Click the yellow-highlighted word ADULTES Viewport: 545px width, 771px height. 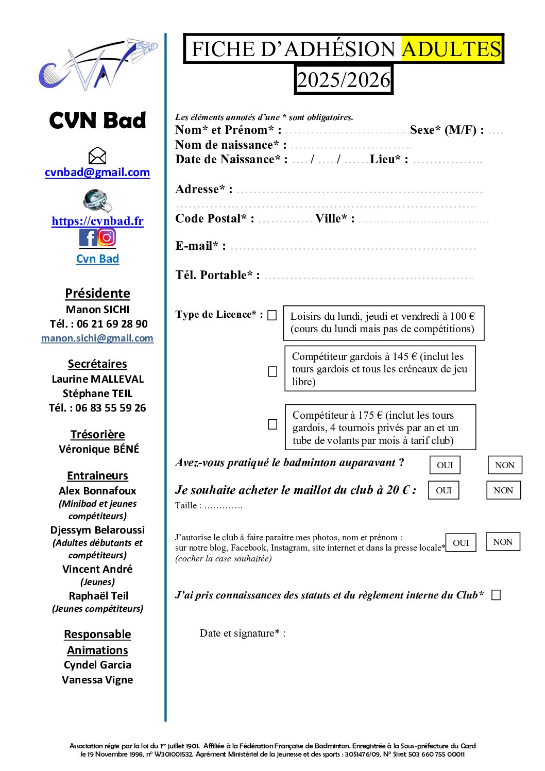pyautogui.click(x=451, y=49)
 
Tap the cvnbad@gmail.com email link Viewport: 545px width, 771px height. pyautogui.click(x=97, y=173)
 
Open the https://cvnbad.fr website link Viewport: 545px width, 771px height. pyautogui.click(x=97, y=221)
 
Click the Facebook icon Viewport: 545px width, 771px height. pyautogui.click(x=88, y=237)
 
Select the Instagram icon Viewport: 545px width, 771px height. pyautogui.click(x=107, y=237)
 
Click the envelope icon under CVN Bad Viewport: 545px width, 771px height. pyautogui.click(x=97, y=156)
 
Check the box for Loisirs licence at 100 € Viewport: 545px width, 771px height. pyautogui.click(x=272, y=315)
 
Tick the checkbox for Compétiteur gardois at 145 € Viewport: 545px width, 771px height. pyautogui.click(x=272, y=371)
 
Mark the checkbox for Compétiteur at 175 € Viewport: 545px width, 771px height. pyautogui.click(x=272, y=424)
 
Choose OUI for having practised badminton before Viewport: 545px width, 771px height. pyautogui.click(x=445, y=465)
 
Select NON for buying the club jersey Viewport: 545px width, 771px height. pyautogui.click(x=503, y=490)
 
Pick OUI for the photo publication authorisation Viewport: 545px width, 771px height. pyautogui.click(x=461, y=543)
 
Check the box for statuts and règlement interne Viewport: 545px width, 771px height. pyautogui.click(x=496, y=595)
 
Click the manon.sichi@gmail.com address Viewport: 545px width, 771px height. pyautogui.click(x=97, y=338)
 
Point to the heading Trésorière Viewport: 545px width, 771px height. pyautogui.click(x=97, y=435)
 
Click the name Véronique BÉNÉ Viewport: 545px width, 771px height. pyautogui.click(x=99, y=449)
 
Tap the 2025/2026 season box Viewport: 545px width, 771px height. pyautogui.click(x=344, y=80)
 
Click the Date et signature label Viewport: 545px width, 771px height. pyautogui.click(x=242, y=633)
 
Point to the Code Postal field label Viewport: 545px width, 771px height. pyautogui.click(x=214, y=219)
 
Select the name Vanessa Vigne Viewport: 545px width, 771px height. pyautogui.click(x=97, y=680)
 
